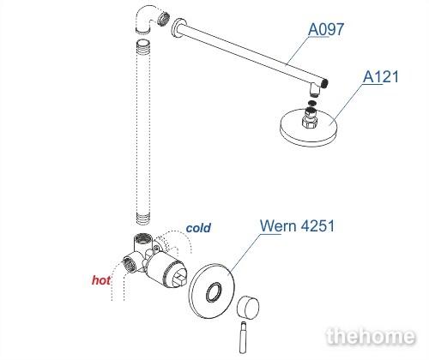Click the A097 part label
(326, 29)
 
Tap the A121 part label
(381, 76)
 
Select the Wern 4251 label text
(297, 225)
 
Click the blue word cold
(198, 228)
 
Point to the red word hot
(101, 280)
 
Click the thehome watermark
(371, 336)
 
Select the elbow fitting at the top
(150, 20)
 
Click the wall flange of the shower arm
(178, 28)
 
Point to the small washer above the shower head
(312, 103)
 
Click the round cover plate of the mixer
(212, 291)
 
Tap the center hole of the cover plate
(214, 292)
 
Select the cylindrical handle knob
(248, 307)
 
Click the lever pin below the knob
(243, 338)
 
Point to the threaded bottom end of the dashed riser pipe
(142, 219)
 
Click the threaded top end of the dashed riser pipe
(142, 45)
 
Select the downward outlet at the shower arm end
(315, 90)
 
